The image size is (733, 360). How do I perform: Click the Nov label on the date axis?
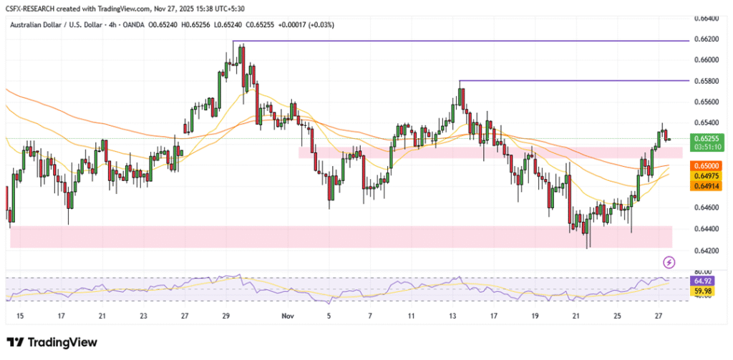[287, 315]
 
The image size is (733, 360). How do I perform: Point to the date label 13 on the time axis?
[453, 315]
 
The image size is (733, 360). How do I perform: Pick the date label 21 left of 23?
[102, 315]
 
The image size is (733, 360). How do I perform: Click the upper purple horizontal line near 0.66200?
[458, 41]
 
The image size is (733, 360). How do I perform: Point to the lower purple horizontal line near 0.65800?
[573, 80]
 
